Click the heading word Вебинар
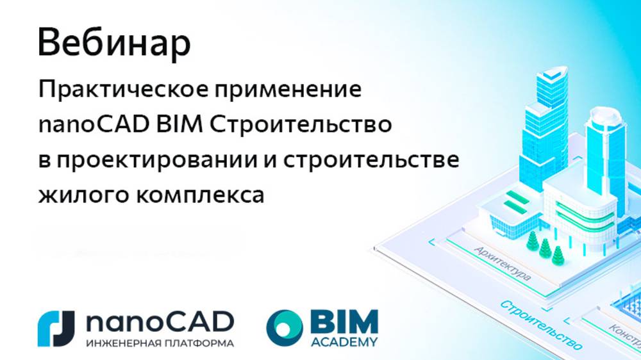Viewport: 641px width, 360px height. [x=114, y=43]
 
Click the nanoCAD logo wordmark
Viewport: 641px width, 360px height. [x=159, y=321]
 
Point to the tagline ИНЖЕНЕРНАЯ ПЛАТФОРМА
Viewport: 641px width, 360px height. [x=159, y=343]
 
